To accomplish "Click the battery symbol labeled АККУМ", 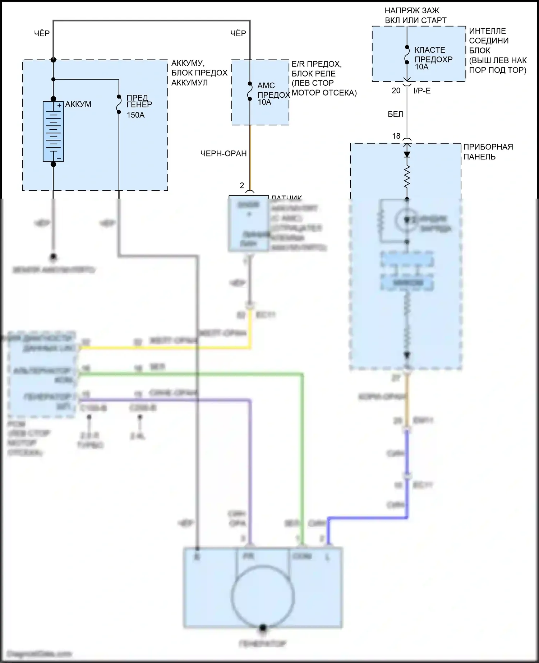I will tap(53, 131).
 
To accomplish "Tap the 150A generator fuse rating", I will tap(135, 115).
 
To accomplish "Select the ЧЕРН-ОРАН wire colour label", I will tap(224, 154).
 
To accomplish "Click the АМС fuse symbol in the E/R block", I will tap(250, 91).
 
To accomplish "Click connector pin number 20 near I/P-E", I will tap(396, 91).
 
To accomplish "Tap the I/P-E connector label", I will tap(422, 91).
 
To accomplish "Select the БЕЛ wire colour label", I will tap(395, 115).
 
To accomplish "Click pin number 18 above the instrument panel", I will tap(396, 136).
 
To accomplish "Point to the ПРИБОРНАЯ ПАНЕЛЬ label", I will tap(488, 152).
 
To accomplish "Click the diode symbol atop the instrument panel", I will tap(407, 154).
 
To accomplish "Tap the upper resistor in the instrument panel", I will tap(407, 177).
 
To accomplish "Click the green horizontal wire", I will tap(190, 374).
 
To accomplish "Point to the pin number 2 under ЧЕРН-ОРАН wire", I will tap(242, 185).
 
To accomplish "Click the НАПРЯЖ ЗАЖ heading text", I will tap(412, 11).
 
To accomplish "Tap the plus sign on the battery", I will tap(59, 106).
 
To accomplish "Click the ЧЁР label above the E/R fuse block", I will tap(238, 33).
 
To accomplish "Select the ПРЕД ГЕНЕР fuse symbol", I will tap(119, 104).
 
